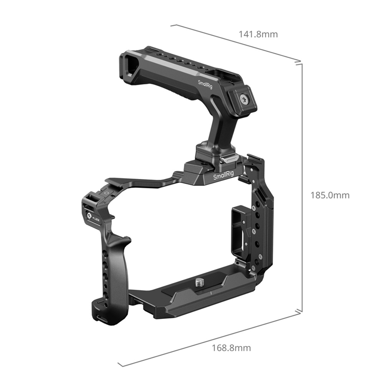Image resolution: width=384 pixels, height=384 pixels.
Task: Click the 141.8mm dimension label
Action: [x=258, y=34]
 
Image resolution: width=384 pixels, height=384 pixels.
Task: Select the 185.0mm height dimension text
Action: [x=330, y=195]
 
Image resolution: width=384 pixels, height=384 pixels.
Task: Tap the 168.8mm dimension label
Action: [x=231, y=348]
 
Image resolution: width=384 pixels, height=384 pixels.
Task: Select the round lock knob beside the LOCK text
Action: [x=89, y=216]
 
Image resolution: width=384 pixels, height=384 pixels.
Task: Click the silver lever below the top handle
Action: [x=228, y=160]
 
